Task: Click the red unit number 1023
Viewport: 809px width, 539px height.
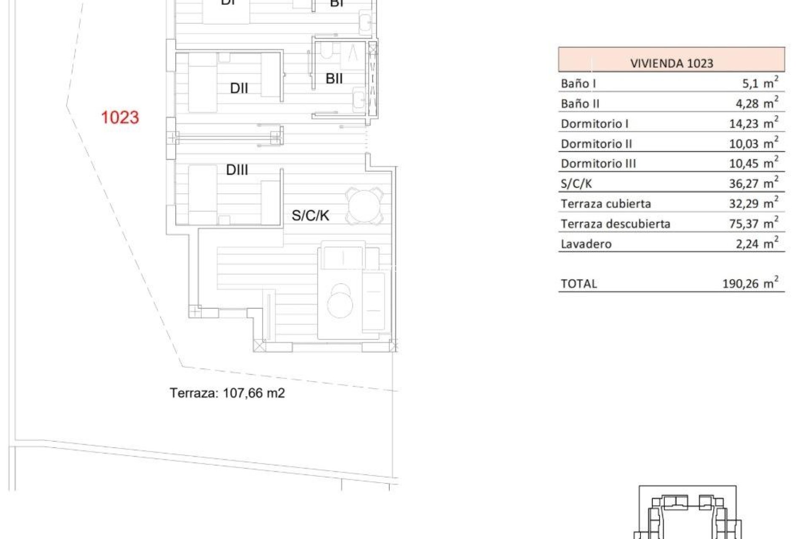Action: pyautogui.click(x=120, y=117)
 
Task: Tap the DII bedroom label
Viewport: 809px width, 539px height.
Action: pyautogui.click(x=239, y=88)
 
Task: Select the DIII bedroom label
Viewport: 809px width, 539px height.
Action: pyautogui.click(x=237, y=170)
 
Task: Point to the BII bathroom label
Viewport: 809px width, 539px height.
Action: pyautogui.click(x=334, y=78)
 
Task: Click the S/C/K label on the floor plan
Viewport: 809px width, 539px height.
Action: pyautogui.click(x=311, y=216)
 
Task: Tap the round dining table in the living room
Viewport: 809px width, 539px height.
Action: pyautogui.click(x=364, y=206)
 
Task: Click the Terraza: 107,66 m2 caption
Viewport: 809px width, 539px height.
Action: pyautogui.click(x=227, y=393)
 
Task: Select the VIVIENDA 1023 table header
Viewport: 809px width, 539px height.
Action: pyautogui.click(x=671, y=63)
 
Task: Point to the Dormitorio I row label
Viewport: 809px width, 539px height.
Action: pyautogui.click(x=595, y=123)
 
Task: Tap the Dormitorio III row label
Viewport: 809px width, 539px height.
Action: pyautogui.click(x=598, y=163)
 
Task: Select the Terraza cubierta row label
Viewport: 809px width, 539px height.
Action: pyautogui.click(x=606, y=204)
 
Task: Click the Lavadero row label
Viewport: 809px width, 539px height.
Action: pyautogui.click(x=586, y=244)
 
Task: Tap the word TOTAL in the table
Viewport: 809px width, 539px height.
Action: pyautogui.click(x=579, y=284)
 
